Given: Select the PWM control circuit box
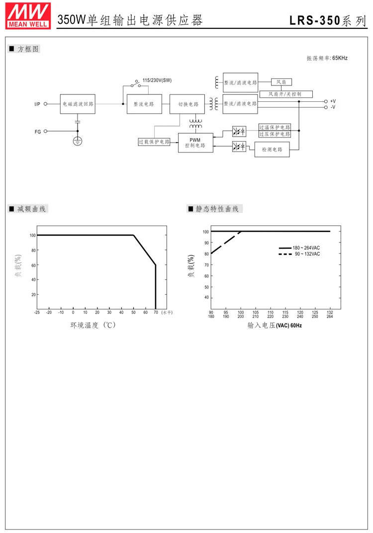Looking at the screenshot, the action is click(x=195, y=143).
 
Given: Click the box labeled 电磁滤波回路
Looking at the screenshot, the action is click(x=77, y=104).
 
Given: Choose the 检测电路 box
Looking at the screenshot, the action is click(x=272, y=150).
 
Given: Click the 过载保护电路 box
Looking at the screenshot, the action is click(x=154, y=142).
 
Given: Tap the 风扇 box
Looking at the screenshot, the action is click(x=281, y=82).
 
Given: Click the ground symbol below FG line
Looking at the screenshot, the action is click(x=78, y=142).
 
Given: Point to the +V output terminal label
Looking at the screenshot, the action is click(x=333, y=101).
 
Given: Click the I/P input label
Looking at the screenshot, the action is click(x=37, y=104).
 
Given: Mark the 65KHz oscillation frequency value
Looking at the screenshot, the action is click(x=340, y=58).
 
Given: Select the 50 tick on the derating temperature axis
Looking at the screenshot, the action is click(x=133, y=312).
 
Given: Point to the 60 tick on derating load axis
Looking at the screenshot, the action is click(x=33, y=265).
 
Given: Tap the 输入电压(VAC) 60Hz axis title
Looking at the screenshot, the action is click(x=275, y=326).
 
